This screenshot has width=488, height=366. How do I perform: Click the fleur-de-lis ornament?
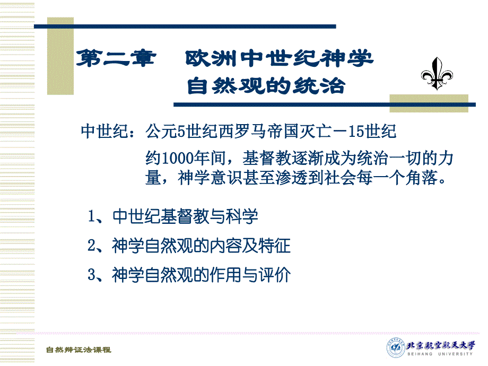pyautogui.click(x=437, y=74)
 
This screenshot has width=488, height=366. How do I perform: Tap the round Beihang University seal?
pyautogui.click(x=396, y=347)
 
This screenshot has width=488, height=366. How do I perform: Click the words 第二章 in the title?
pyautogui.click(x=116, y=58)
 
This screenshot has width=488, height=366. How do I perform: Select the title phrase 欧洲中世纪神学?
pyautogui.click(x=279, y=58)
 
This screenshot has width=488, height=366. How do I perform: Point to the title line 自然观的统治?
pyautogui.click(x=266, y=85)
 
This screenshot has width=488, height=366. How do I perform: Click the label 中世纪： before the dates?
pyautogui.click(x=108, y=131)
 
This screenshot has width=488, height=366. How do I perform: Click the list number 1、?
pyautogui.click(x=96, y=216)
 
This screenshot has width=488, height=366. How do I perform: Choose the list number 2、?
pyautogui.click(x=96, y=246)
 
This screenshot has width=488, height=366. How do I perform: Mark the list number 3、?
pyautogui.click(x=96, y=275)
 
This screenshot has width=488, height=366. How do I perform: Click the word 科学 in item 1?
pyautogui.click(x=242, y=216)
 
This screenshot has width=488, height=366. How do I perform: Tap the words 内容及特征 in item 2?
pyautogui.click(x=250, y=246)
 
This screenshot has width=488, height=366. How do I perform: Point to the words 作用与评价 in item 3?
pyautogui.click(x=250, y=275)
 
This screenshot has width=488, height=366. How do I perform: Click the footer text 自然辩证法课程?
pyautogui.click(x=79, y=350)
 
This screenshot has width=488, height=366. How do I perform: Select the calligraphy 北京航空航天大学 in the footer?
pyautogui.click(x=441, y=345)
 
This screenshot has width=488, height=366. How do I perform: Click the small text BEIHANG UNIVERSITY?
pyautogui.click(x=440, y=354)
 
